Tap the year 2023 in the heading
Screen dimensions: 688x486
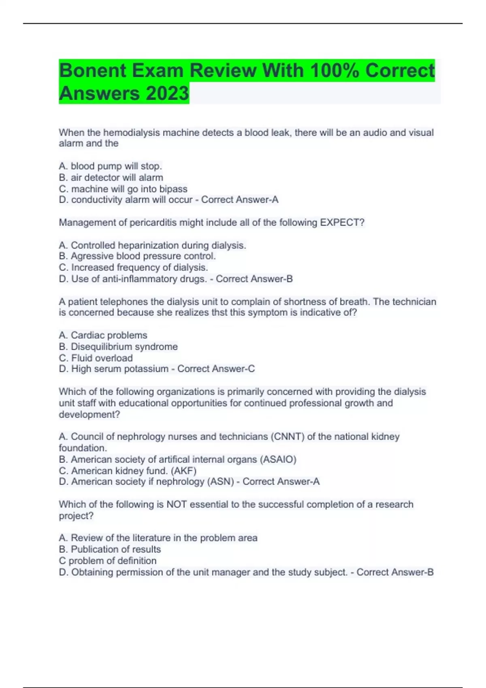[167, 93]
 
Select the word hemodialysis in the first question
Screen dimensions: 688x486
[129, 133]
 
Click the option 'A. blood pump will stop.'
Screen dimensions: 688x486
[110, 166]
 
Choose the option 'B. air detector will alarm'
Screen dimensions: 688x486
[111, 178]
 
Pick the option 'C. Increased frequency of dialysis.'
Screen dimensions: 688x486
[133, 268]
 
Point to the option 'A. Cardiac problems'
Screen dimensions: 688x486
[103, 336]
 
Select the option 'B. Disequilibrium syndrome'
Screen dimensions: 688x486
[118, 347]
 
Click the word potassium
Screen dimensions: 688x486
[146, 369]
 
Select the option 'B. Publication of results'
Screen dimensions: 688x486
[110, 550]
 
